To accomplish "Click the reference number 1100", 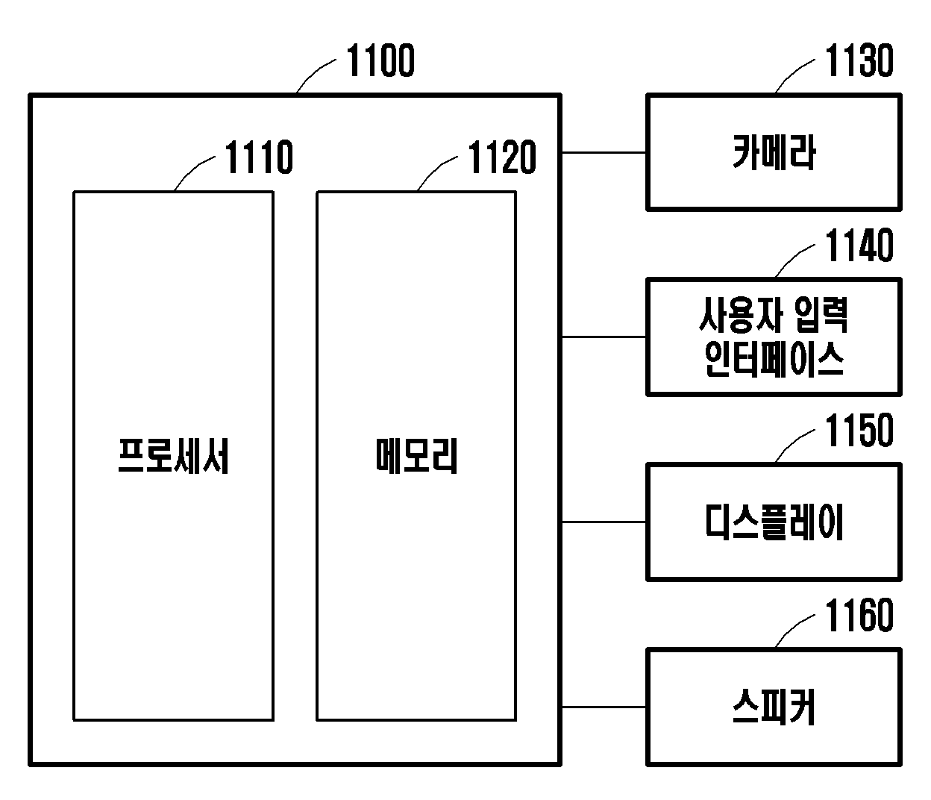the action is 380,60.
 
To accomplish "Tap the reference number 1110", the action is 259,157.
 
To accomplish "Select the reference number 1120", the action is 502,157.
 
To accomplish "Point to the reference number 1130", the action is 859,60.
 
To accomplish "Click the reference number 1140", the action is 859,246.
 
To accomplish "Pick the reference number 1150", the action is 859,431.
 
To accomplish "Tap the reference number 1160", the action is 859,616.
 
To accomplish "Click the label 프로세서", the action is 173,456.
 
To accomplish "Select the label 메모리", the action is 416,456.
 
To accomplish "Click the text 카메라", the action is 774,152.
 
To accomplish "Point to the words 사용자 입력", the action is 774,315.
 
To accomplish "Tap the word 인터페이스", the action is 774,359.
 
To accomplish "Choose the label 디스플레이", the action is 774,522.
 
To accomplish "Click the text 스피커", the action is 774,707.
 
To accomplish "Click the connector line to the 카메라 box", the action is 604,153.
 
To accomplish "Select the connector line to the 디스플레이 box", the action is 604,522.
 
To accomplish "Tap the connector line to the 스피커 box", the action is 604,707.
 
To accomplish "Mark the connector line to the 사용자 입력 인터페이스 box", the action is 604,337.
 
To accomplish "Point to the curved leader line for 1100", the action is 314,72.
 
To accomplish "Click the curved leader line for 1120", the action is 435,170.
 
